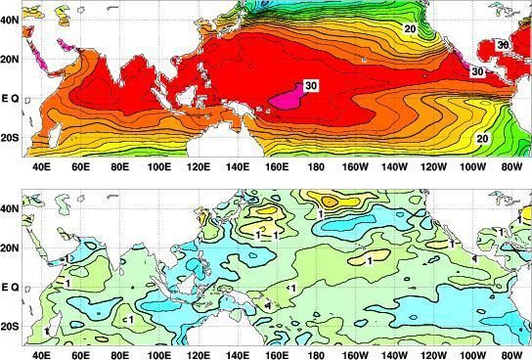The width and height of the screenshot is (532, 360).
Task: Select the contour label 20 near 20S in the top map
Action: (x=482, y=139)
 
